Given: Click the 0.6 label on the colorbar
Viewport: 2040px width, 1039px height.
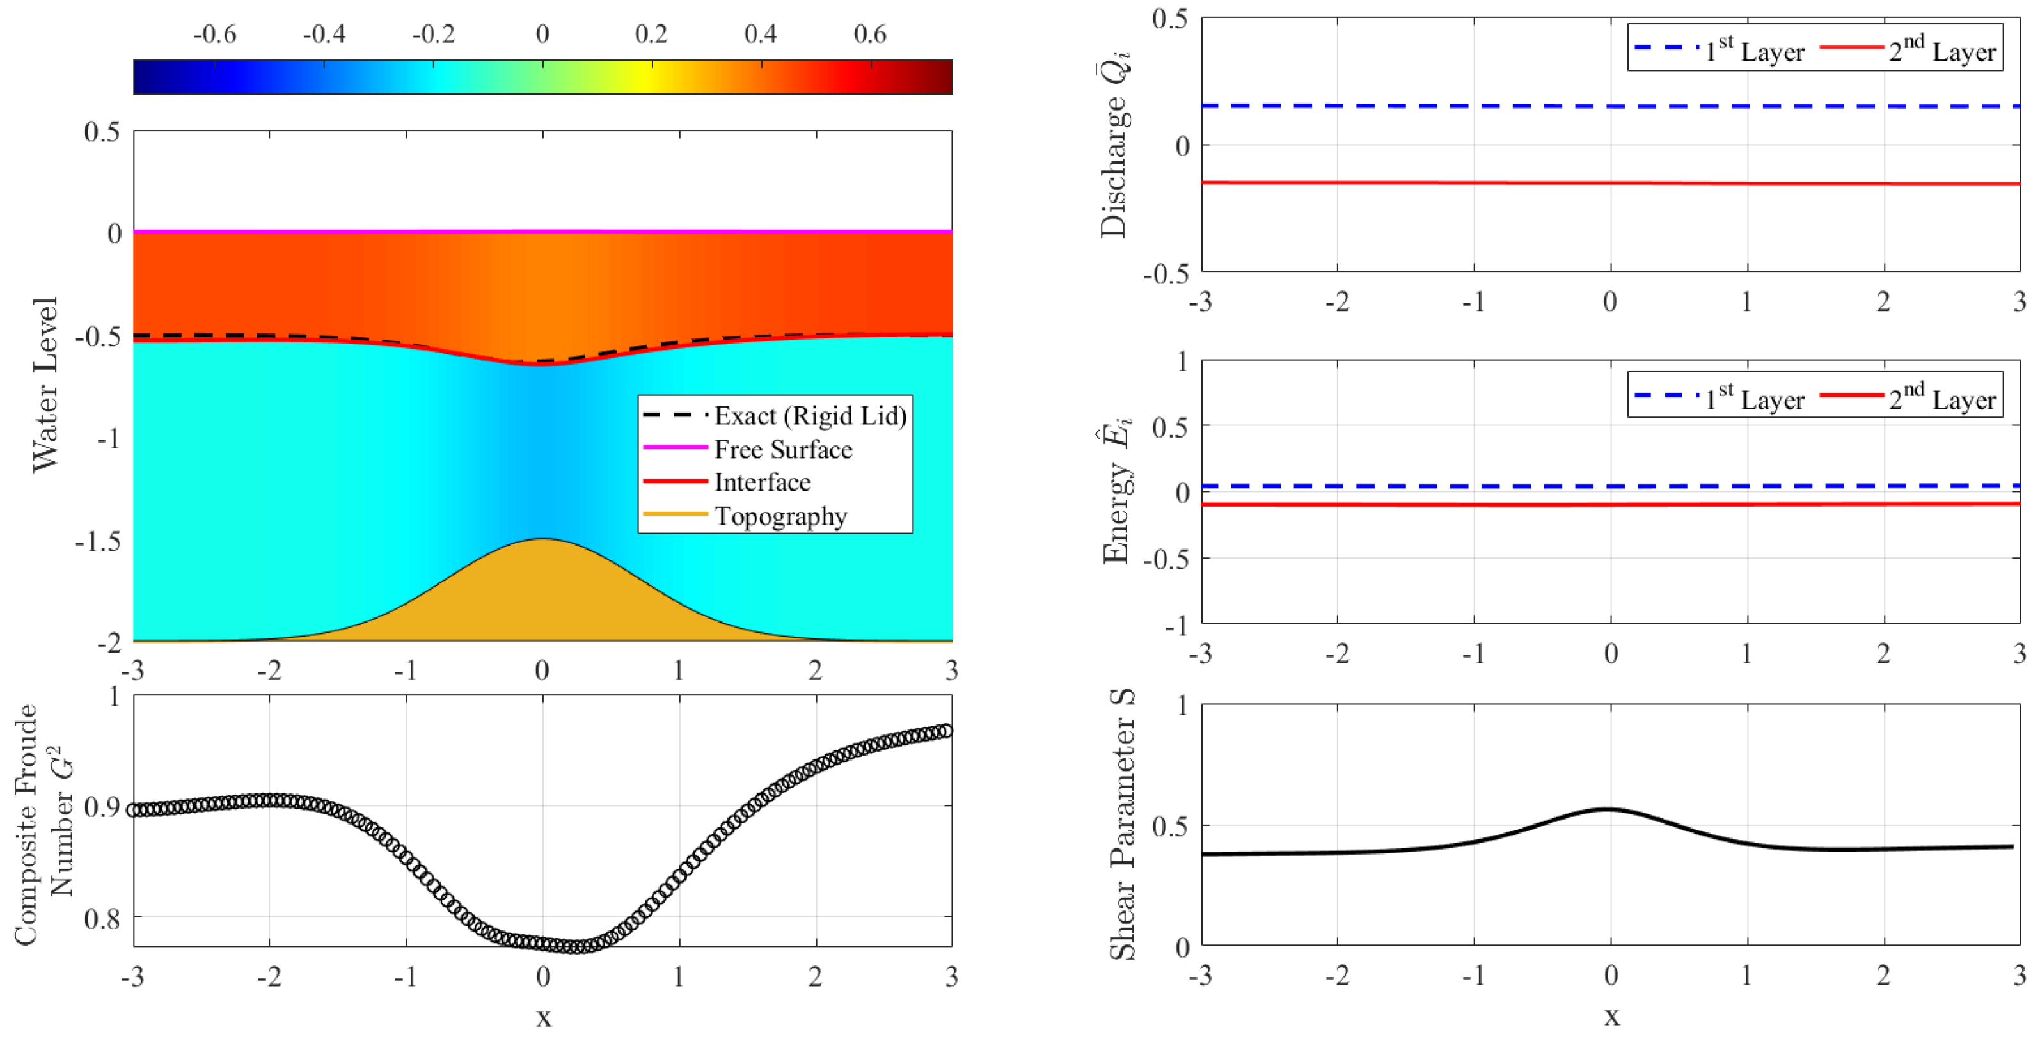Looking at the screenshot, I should point(869,34).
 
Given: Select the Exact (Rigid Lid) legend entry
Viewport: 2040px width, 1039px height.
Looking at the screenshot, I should point(809,416).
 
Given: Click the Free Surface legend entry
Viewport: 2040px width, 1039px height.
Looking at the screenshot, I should point(782,449).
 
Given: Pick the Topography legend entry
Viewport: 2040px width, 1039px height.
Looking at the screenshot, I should point(780,516).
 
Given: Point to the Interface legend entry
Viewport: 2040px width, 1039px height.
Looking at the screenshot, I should point(762,482).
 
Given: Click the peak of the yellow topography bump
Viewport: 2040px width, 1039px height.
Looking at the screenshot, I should point(542,540).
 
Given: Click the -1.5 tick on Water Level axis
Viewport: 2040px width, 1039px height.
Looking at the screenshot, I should point(99,542).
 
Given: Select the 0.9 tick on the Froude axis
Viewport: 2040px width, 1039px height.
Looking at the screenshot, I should point(102,807).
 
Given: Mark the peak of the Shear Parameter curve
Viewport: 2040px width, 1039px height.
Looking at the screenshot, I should point(1608,809).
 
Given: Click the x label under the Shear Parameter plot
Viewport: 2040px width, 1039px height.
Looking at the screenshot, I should point(1611,1016).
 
